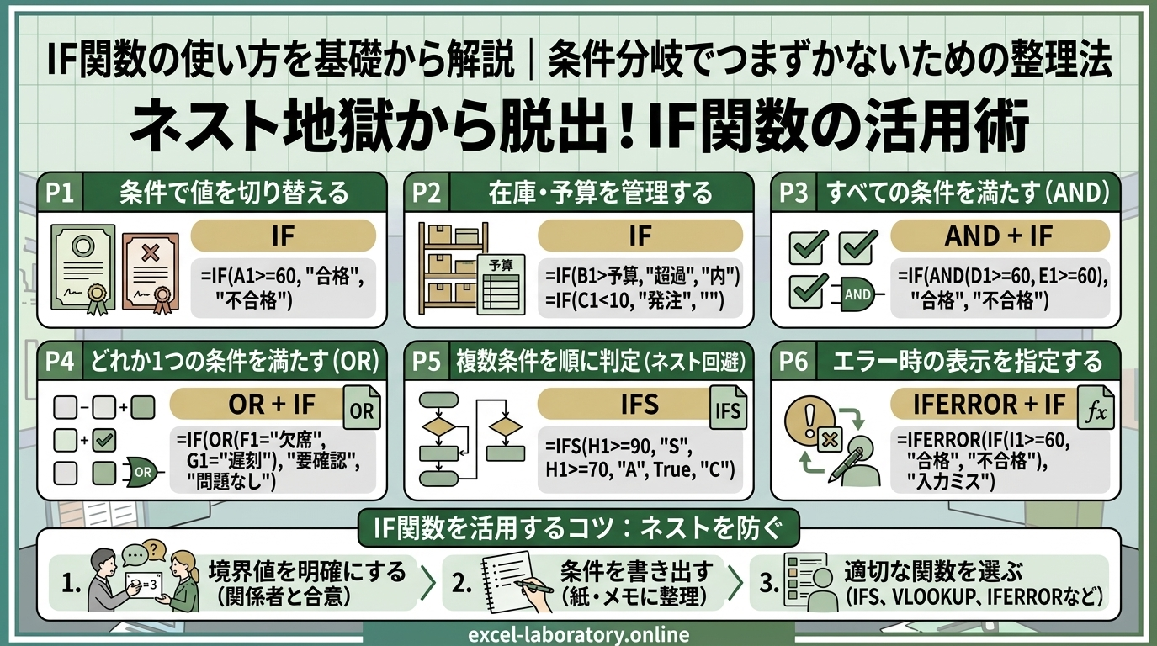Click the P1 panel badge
tap(61, 193)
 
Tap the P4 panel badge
tap(61, 361)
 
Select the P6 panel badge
tap(793, 361)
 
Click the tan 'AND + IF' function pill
tap(999, 236)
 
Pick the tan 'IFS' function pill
tap(629, 404)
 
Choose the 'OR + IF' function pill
tap(263, 404)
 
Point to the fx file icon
tap(1096, 407)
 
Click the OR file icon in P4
tap(362, 407)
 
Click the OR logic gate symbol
tap(143, 472)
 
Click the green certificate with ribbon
tap(82, 268)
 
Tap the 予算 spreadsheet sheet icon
tap(501, 284)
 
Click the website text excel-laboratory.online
tap(579, 634)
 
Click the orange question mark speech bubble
tap(155, 550)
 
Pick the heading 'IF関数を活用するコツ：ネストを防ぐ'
tap(578, 528)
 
